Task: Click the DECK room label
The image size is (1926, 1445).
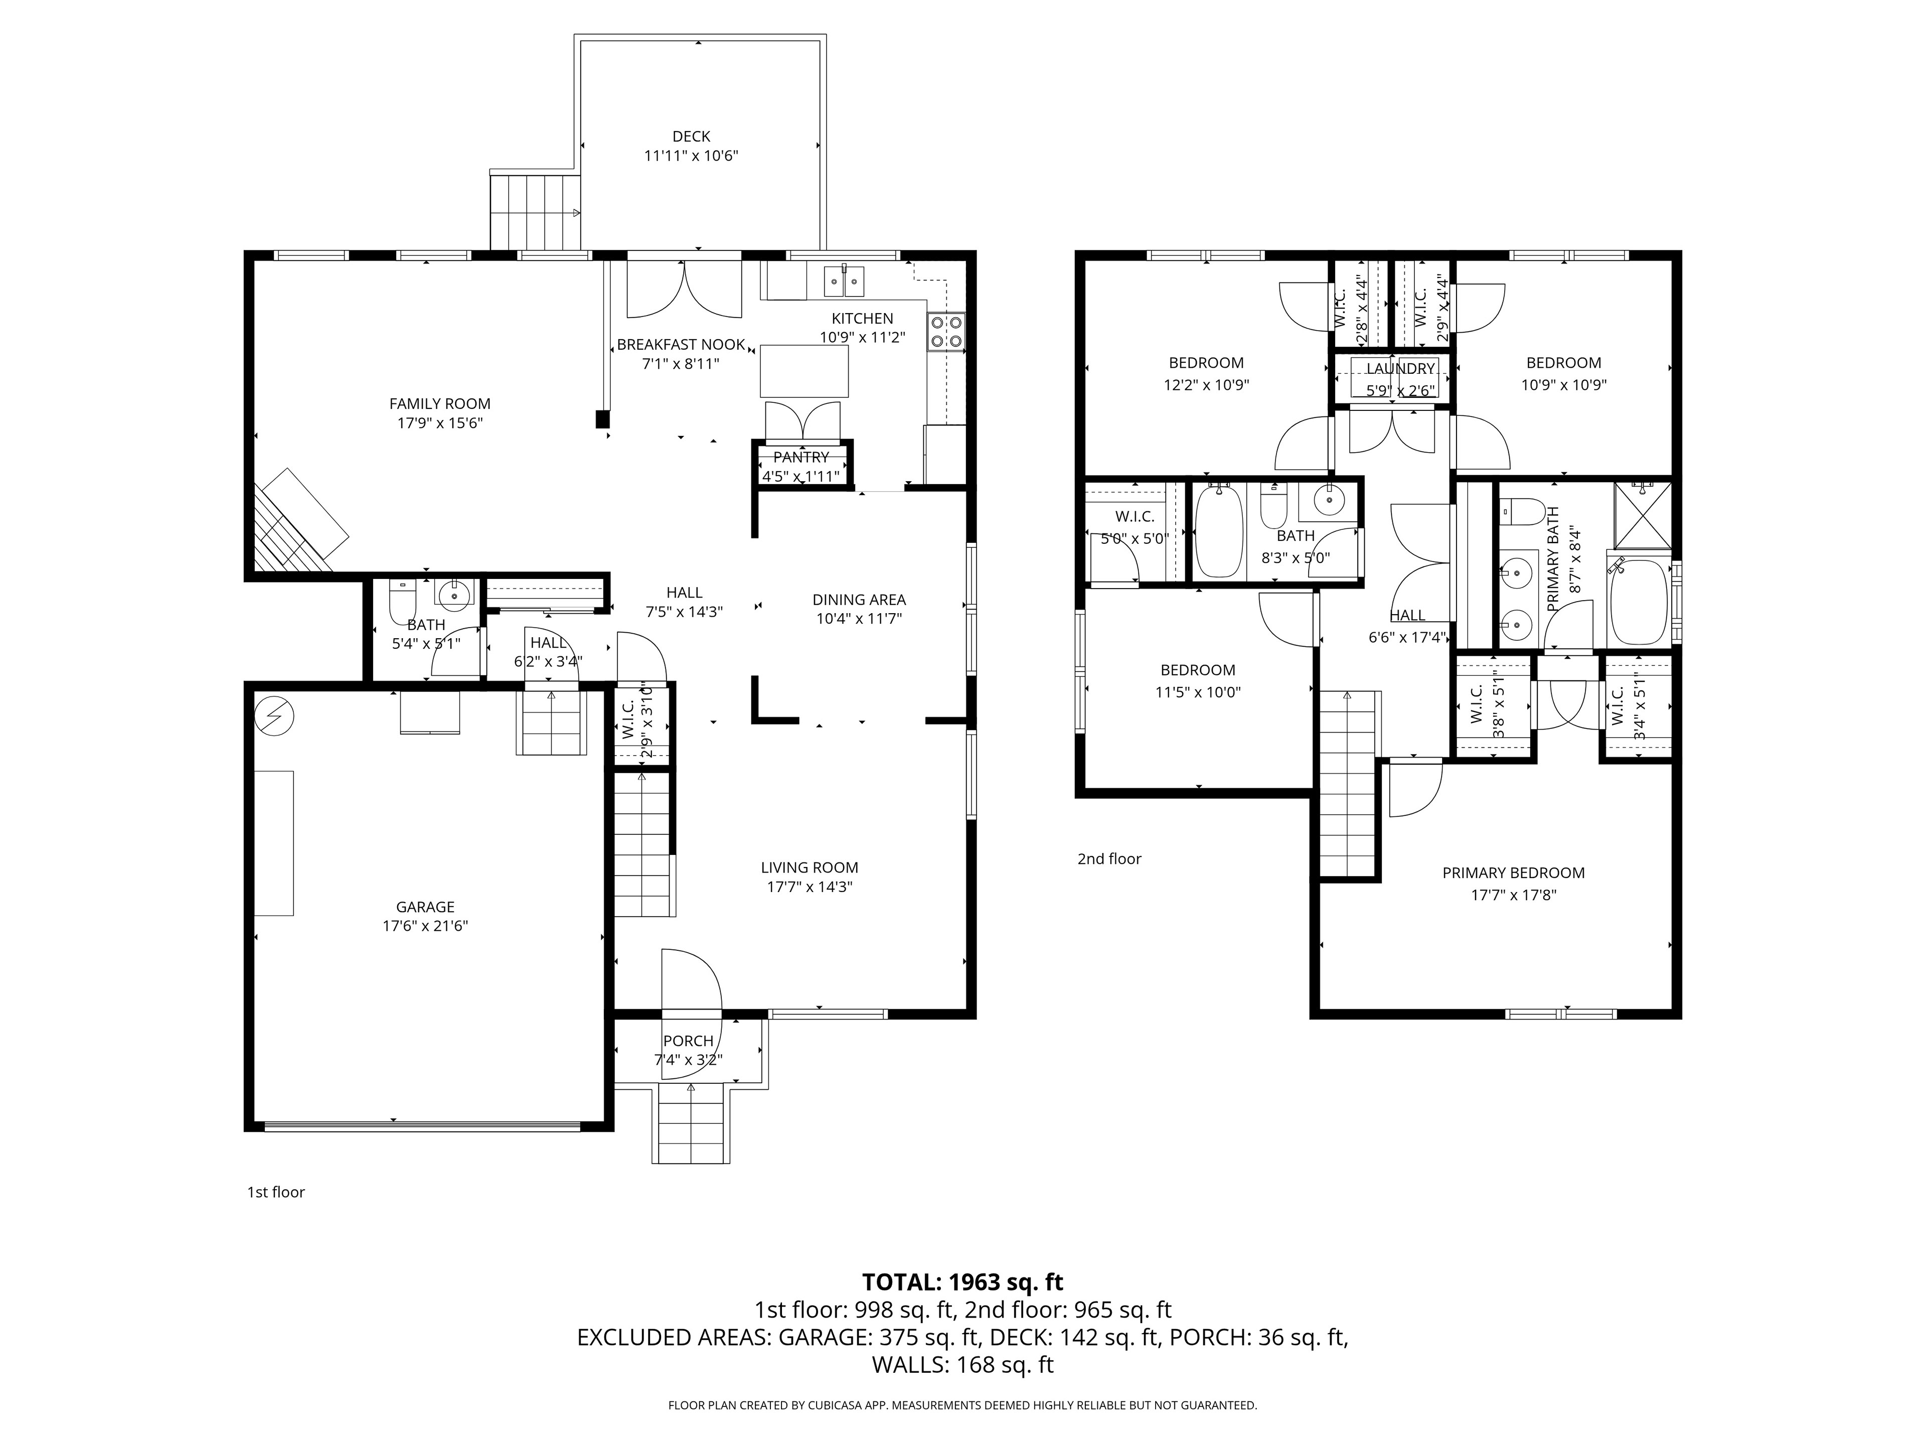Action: pos(691,136)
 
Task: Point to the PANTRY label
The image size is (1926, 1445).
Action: pos(801,457)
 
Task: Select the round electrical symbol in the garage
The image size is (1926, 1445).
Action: pos(274,716)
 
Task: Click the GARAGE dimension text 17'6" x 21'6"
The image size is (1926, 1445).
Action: pos(426,926)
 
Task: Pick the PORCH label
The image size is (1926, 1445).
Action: pos(688,1041)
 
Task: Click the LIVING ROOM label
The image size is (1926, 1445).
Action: pos(810,868)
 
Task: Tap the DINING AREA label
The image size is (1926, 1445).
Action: pos(859,599)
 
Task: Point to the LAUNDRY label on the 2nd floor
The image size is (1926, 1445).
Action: pos(1400,368)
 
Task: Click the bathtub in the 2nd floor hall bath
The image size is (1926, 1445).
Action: pos(1219,532)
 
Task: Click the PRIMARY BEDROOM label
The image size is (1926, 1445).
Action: pos(1513,873)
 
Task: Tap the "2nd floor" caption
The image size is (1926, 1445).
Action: pos(1109,859)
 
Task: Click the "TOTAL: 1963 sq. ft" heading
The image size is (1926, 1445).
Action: pos(962,1282)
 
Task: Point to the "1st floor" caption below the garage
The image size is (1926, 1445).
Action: pos(276,1193)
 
